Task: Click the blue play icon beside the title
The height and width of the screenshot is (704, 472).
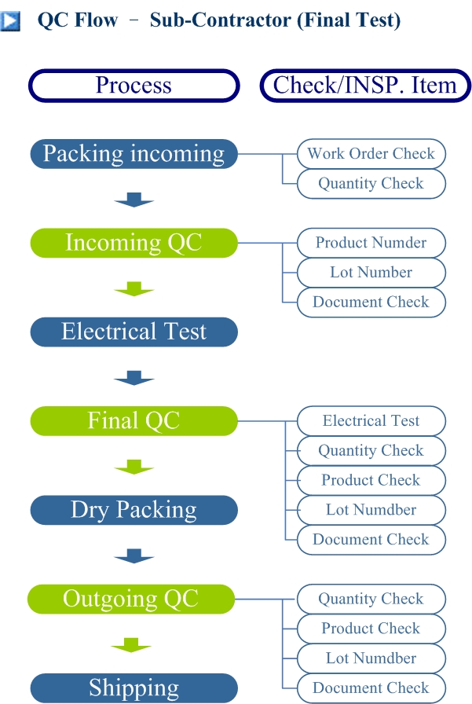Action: pos(10,20)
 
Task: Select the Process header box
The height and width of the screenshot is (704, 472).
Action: pos(134,86)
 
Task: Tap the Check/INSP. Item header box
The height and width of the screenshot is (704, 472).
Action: pos(365,86)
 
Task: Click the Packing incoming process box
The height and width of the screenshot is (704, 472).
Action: pos(134,154)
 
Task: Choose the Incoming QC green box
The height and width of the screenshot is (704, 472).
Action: pos(134,243)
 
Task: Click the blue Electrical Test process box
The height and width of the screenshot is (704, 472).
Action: pos(134,332)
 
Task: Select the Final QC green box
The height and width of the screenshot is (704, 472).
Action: pos(134,420)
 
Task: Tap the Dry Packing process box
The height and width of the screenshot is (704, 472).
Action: pos(134,510)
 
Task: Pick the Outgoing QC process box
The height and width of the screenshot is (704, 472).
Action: pos(131,599)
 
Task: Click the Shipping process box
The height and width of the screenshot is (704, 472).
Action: pos(134,687)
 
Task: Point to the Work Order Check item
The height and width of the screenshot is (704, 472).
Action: pos(371,153)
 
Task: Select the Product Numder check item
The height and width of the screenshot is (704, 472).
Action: pos(371,243)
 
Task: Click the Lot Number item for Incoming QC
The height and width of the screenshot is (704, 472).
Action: pos(371,272)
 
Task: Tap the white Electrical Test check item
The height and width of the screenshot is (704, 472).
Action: pos(371,420)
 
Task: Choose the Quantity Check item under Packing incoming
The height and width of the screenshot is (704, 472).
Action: pos(371,183)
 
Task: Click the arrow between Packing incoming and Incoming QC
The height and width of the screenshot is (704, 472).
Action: pos(134,200)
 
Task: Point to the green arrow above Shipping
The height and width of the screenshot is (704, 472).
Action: pos(131,645)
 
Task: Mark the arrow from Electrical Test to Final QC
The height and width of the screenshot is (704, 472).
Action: pos(134,378)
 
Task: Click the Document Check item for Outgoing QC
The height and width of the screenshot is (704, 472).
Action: pos(371,687)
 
